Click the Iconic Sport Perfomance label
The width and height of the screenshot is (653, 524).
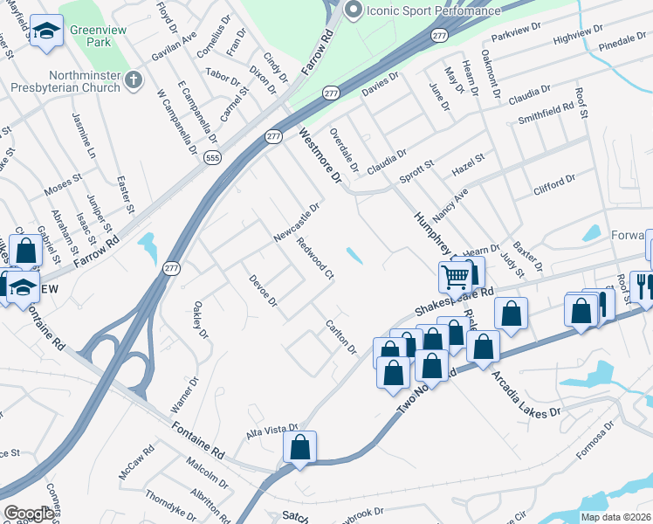coord(434,10)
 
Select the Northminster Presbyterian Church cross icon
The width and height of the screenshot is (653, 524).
coord(133,81)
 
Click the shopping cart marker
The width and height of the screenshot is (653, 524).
coord(455,277)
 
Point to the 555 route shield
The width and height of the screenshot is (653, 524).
coord(212,158)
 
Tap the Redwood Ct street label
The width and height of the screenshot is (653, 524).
coord(315,259)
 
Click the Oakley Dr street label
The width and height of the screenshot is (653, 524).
coord(201,321)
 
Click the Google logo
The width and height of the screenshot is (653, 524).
coord(29,514)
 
